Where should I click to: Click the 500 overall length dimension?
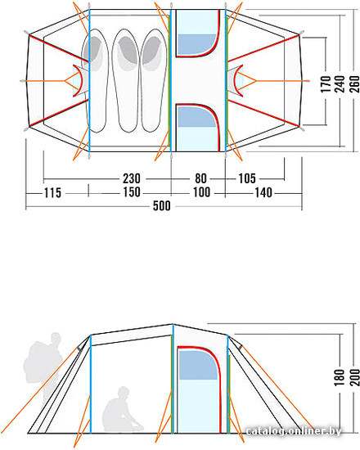(162, 205)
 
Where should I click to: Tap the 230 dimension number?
(132, 178)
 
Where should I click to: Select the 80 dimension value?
(200, 178)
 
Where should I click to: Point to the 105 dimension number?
(247, 178)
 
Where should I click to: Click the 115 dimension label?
(52, 192)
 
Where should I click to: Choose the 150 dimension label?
(132, 192)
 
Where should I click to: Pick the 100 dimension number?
(201, 192)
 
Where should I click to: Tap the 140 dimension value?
(263, 192)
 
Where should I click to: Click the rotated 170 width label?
(326, 84)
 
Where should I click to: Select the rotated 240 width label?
(340, 84)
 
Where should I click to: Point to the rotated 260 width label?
(355, 84)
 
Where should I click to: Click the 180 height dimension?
(340, 377)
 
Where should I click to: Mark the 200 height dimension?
(355, 377)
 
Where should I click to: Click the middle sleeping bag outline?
(125, 81)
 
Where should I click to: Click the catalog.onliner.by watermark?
(294, 430)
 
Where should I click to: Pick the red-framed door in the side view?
(200, 389)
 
